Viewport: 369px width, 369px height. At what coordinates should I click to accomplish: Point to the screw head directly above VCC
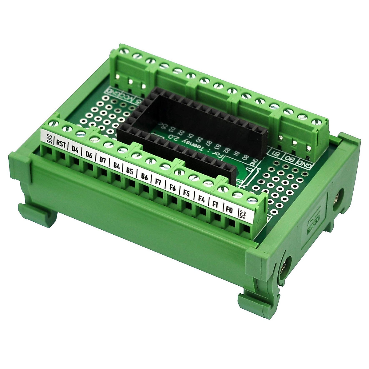pos(252,200)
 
